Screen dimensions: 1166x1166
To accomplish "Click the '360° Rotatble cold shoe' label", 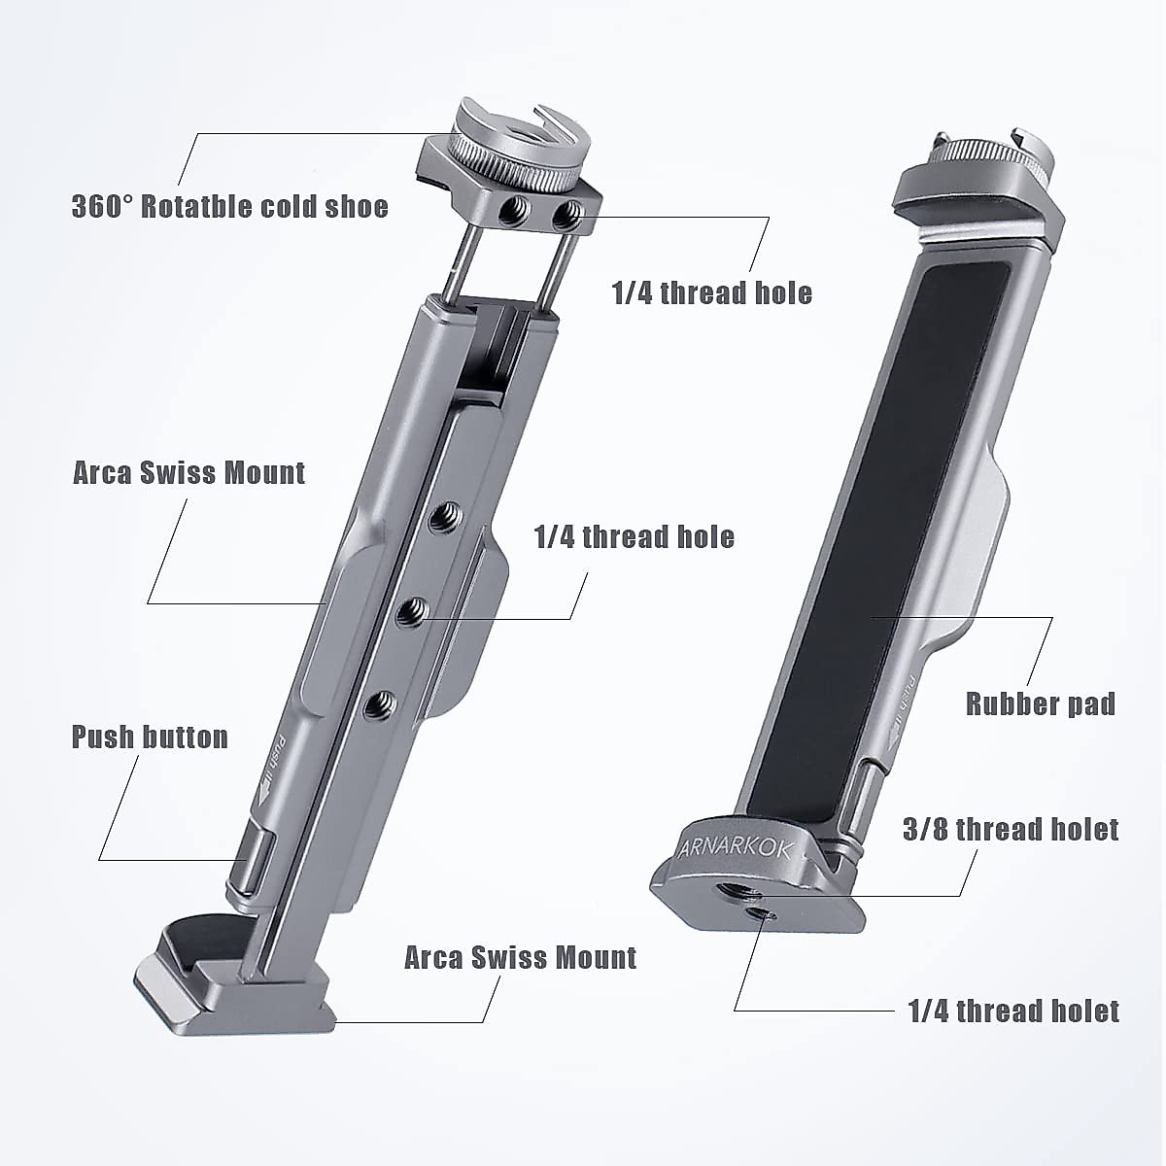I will click(x=230, y=207).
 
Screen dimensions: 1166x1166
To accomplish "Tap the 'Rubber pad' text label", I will click(x=1040, y=703).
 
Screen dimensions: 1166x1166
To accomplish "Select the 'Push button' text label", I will click(x=150, y=737).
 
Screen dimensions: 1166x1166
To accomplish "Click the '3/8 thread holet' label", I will click(x=1012, y=829).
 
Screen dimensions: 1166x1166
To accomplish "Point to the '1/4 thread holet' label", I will click(x=1013, y=1012).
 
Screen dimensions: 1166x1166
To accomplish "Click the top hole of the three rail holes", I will click(x=446, y=511).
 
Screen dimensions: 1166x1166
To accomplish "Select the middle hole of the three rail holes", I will click(x=415, y=610).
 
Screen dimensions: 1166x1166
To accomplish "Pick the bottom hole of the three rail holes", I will click(x=383, y=703).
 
